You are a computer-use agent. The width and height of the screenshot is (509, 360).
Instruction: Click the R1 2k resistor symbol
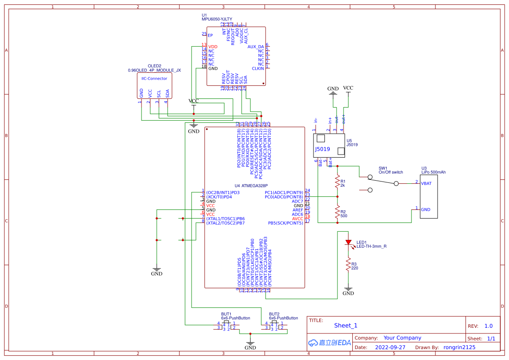point(337,182)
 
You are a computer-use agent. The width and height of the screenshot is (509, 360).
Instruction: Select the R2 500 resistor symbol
point(337,212)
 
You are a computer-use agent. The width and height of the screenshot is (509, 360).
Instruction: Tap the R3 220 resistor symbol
point(348,264)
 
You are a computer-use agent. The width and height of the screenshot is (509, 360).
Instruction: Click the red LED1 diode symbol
point(348,242)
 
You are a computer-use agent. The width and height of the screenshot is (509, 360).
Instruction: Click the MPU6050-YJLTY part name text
point(216,19)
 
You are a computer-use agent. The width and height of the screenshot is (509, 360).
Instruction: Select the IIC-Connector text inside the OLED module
point(154,79)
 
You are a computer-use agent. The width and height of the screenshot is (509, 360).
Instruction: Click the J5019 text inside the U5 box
point(322,149)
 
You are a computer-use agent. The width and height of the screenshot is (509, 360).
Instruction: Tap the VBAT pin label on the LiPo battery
point(426,183)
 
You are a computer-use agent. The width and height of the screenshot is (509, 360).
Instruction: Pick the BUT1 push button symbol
point(226,326)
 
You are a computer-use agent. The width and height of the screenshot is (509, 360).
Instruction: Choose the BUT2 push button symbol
point(274,326)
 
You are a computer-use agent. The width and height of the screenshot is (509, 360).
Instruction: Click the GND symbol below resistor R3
point(348,290)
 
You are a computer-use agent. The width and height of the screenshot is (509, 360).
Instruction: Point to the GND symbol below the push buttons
point(250,344)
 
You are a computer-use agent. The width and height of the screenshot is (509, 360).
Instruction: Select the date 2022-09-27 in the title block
point(390,347)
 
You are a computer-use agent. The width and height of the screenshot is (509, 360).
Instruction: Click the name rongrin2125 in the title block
point(459,347)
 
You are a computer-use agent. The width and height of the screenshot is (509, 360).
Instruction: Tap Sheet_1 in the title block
point(346,325)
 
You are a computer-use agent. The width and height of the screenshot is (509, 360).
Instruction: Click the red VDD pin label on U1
point(212,47)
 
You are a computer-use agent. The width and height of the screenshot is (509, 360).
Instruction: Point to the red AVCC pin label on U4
point(297,219)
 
